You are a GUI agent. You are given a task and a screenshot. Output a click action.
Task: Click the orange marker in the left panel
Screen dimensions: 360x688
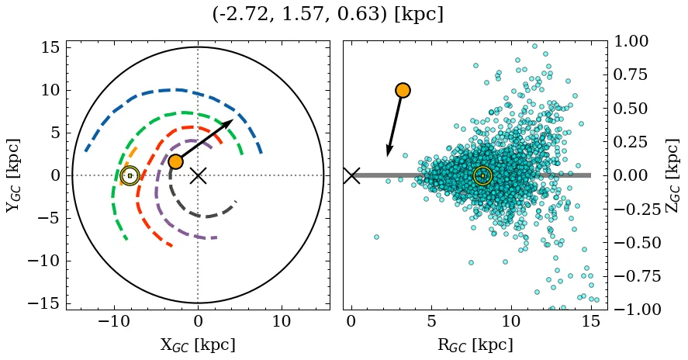(175, 161)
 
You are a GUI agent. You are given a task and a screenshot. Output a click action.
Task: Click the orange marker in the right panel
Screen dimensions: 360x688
(402, 90)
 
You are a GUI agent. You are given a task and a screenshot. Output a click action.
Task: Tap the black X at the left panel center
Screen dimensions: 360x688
(198, 175)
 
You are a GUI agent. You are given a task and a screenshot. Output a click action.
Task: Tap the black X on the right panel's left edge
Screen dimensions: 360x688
(351, 175)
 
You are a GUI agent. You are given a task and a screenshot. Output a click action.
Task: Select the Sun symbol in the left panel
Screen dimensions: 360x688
(130, 176)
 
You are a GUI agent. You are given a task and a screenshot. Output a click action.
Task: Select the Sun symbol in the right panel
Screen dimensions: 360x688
(482, 176)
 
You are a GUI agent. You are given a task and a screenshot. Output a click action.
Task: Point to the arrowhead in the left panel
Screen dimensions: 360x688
(228, 123)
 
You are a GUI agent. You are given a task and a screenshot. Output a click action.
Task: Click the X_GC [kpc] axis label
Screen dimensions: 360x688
(198, 344)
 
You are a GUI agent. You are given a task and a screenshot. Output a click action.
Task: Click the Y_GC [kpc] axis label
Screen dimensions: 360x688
(13, 175)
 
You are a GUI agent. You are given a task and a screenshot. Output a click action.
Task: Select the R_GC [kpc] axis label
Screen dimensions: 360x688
(475, 344)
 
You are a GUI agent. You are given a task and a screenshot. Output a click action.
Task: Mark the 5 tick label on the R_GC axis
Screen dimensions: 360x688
(431, 321)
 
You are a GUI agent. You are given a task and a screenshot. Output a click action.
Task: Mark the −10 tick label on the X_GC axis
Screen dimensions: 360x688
(114, 321)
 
